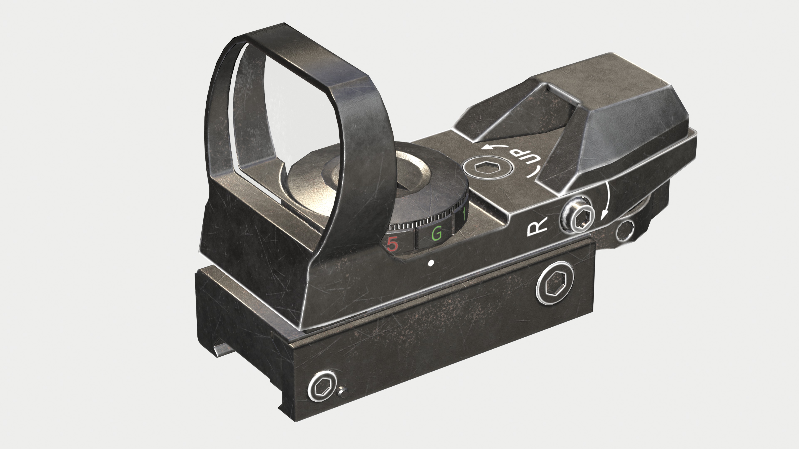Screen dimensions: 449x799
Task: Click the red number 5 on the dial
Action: point(392,244)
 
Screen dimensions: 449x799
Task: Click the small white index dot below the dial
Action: point(431,263)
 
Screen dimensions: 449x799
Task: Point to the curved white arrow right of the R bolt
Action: point(605,201)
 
